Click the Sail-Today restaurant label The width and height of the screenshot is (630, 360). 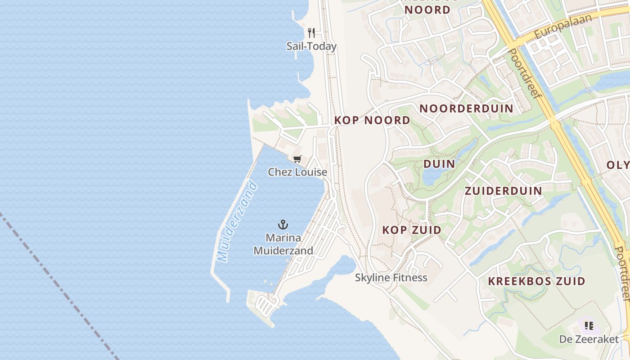(311, 46)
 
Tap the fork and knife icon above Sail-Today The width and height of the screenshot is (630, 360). (311, 32)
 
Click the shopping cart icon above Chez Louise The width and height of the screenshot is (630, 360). (297, 159)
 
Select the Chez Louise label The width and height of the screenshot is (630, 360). (297, 172)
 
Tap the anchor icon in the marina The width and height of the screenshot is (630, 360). (283, 224)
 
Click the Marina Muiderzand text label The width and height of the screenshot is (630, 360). (283, 244)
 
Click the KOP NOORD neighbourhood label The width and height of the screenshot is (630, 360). (372, 120)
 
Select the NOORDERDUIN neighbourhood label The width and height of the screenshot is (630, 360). (466, 108)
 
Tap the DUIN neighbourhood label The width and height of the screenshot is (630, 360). (439, 164)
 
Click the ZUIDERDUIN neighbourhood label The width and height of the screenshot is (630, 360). (503, 191)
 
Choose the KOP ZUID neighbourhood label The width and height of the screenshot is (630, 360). (412, 230)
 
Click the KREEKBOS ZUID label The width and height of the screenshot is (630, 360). (537, 282)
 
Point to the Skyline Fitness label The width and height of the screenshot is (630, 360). (391, 277)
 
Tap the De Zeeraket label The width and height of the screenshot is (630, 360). (589, 339)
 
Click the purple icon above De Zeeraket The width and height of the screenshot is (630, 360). (589, 325)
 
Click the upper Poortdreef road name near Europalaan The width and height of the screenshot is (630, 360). (525, 75)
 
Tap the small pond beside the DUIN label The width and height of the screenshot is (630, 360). (430, 177)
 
